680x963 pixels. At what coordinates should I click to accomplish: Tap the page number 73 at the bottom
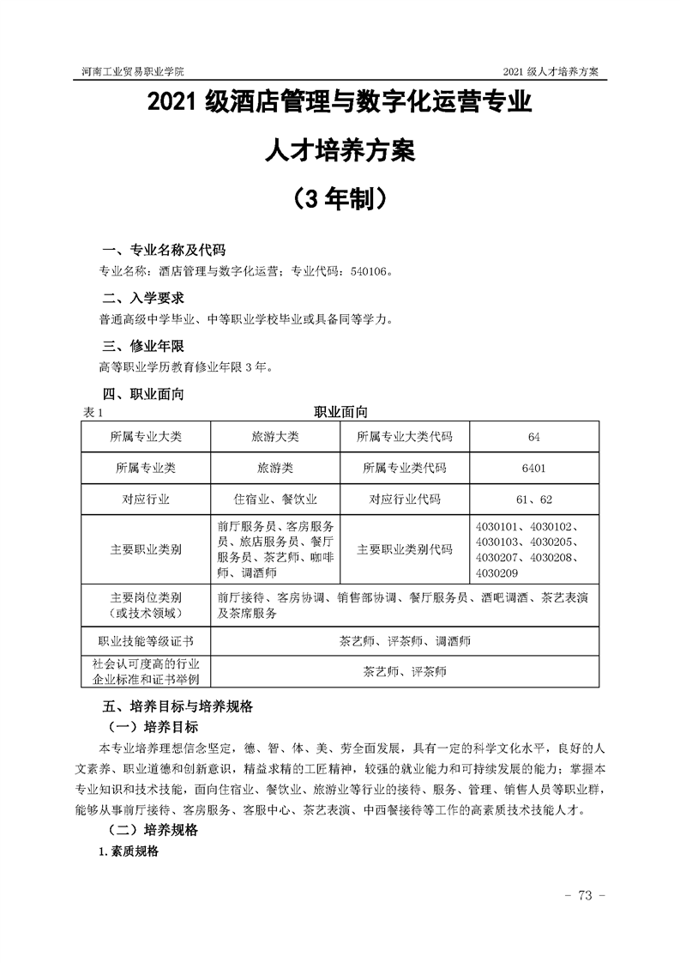[586, 896]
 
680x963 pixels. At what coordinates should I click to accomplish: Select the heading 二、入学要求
[143, 298]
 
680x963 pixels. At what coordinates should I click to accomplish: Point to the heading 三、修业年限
[143, 346]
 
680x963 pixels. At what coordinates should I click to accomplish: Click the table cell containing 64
[533, 437]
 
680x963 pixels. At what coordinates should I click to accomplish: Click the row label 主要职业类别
[146, 549]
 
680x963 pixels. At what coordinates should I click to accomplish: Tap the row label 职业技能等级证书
[146, 640]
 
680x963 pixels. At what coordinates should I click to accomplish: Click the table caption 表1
[92, 413]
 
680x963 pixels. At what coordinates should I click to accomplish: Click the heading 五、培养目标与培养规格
[177, 706]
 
